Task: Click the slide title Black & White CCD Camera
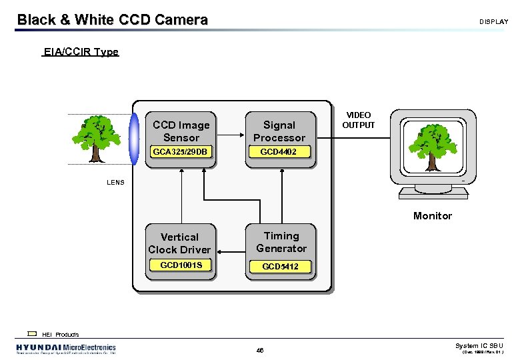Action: click(x=112, y=20)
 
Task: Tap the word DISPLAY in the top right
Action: click(x=493, y=22)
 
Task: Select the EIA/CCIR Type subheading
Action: click(x=80, y=52)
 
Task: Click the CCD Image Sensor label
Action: click(x=181, y=131)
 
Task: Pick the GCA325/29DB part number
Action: click(x=181, y=152)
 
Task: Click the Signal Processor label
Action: click(x=279, y=131)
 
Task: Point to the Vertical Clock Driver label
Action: click(x=179, y=243)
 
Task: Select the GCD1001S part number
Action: click(x=179, y=265)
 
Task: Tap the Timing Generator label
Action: click(x=281, y=242)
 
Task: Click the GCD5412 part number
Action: click(x=280, y=266)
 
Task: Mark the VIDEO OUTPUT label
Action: click(x=359, y=120)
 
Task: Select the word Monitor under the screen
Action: click(x=432, y=216)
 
